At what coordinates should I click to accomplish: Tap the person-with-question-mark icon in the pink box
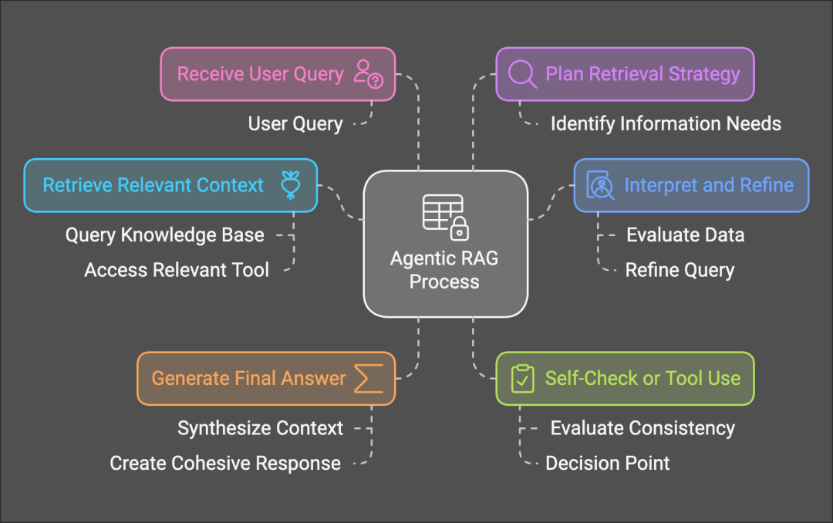point(368,74)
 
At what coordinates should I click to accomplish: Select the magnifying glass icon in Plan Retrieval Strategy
point(523,74)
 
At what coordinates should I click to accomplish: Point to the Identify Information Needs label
point(665,123)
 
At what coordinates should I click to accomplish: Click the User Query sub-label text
point(295,123)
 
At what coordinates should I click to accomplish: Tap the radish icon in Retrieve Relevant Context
point(290,185)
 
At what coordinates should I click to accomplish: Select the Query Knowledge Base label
point(164,235)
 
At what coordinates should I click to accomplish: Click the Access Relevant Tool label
point(177,269)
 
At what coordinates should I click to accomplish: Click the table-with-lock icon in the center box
point(445,216)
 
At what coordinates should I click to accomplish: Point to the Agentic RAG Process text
point(444,269)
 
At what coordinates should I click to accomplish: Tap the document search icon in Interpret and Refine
point(600,185)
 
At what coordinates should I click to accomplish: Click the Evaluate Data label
point(685,235)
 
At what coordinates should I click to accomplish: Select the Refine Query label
point(680,269)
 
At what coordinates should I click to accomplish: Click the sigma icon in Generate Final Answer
point(368,378)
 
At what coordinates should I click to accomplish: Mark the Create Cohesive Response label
point(224,463)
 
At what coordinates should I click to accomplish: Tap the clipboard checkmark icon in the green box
point(523,378)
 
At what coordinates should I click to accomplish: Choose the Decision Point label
point(607,463)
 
